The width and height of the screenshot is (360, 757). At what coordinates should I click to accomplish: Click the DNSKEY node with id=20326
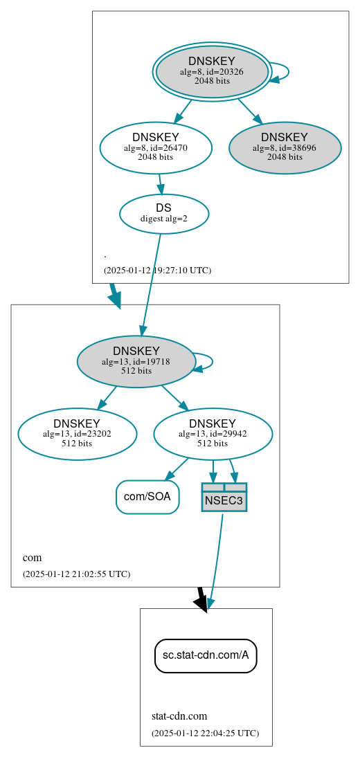coord(212,72)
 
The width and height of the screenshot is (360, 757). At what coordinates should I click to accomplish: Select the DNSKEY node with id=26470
coord(156,147)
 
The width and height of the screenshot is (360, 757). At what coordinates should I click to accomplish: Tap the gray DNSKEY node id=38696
coord(285,147)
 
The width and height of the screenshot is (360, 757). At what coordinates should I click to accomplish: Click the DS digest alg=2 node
coord(164,213)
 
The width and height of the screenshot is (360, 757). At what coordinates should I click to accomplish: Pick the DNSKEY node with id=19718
coord(136,361)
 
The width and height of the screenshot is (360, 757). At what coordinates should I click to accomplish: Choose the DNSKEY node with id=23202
coord(78,434)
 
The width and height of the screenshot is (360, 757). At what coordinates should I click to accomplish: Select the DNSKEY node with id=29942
coord(213,434)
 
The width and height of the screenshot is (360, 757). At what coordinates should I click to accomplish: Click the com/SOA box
coord(147,497)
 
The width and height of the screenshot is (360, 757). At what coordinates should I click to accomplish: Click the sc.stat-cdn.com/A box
coord(206,655)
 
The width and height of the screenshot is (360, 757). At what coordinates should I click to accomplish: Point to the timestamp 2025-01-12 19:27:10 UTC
coord(157,270)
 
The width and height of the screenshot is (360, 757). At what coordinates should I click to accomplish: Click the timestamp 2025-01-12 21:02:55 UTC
coord(76,574)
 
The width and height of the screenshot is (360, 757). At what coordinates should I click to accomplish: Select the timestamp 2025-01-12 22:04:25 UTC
coord(205,733)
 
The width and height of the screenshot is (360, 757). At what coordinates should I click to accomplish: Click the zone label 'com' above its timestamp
coord(32,558)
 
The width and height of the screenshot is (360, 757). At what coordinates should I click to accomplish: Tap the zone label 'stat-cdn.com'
coord(179,716)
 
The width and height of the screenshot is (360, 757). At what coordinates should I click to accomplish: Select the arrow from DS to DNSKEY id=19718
coord(151,284)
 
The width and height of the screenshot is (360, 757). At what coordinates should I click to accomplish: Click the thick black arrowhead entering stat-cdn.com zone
coord(201,602)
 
